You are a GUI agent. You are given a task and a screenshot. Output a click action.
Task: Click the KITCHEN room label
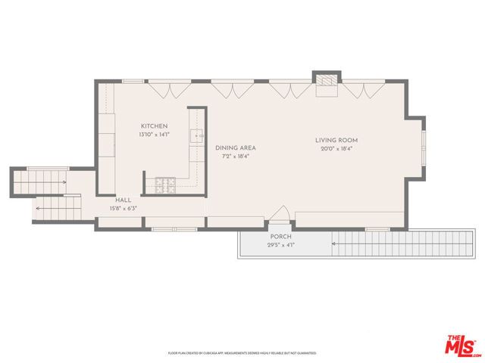[154, 126]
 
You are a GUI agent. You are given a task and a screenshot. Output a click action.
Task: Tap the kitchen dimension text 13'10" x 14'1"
[154, 135]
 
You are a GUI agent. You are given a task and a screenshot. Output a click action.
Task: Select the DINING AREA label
[235, 148]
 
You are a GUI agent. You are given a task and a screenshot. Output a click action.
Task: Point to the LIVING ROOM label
[336, 141]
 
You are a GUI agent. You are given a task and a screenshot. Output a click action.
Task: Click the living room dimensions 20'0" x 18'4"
[336, 149]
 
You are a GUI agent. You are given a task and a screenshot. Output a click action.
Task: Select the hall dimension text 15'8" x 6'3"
[124, 208]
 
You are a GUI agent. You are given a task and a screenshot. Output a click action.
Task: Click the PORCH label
[281, 237]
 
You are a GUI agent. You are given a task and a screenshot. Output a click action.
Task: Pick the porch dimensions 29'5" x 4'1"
[281, 245]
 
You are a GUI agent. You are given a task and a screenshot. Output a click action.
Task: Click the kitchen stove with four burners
[165, 182]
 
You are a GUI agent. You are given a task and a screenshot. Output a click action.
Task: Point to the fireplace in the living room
[327, 82]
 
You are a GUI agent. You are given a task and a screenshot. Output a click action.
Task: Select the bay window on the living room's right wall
[423, 148]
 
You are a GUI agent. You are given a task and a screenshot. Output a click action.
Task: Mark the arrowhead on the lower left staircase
[37, 207]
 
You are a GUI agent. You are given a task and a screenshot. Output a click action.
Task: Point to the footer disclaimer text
[242, 352]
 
